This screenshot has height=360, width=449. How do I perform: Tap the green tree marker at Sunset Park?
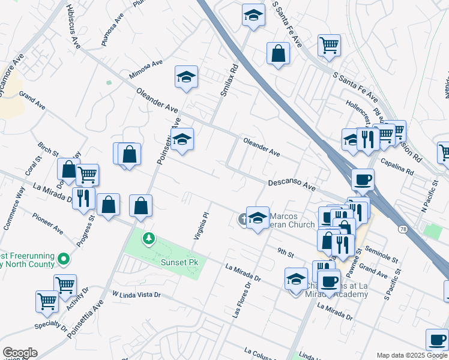148,239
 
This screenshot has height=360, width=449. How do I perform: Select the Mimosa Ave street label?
146,70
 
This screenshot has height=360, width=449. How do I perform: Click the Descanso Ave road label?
292,185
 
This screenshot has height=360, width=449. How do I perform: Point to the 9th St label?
285,253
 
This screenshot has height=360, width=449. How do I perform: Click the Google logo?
20,353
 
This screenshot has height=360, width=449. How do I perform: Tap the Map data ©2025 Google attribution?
411,355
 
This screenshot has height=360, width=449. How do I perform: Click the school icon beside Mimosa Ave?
187,77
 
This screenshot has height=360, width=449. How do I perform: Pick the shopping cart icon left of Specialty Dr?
47,301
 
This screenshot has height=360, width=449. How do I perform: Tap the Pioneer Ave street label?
48,223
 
